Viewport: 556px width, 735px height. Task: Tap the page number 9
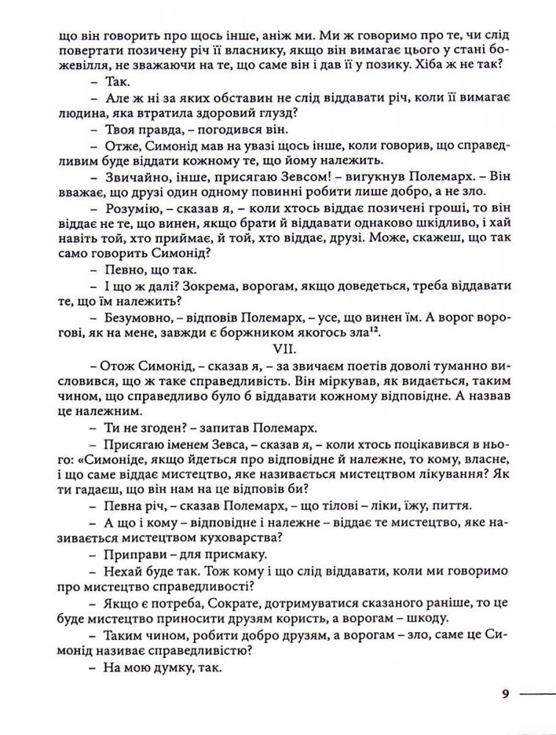pyautogui.click(x=505, y=693)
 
